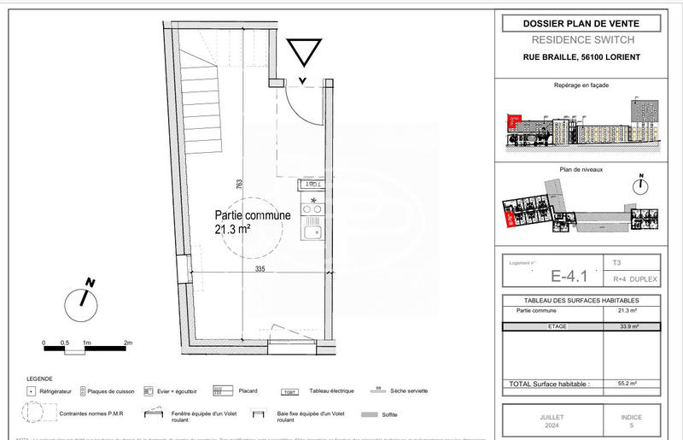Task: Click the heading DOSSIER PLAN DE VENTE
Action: pyautogui.click(x=580, y=24)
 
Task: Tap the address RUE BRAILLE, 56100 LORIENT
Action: pyautogui.click(x=580, y=57)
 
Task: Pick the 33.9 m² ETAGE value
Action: pyautogui.click(x=628, y=326)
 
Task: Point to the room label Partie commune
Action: pyautogui.click(x=253, y=215)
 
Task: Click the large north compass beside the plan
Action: pyautogui.click(x=83, y=297)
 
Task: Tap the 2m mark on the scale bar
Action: pyautogui.click(x=128, y=342)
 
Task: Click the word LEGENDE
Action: pyautogui.click(x=39, y=378)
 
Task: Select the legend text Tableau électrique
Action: pyautogui.click(x=332, y=391)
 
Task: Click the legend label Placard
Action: pyautogui.click(x=248, y=391)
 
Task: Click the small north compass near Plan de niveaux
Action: pyautogui.click(x=641, y=184)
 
